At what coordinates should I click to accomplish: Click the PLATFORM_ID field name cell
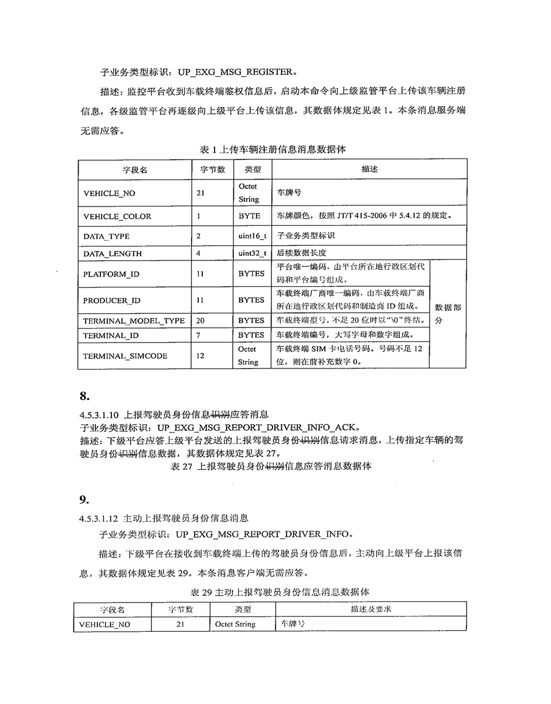(x=111, y=274)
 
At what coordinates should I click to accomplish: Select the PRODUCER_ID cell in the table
(x=112, y=300)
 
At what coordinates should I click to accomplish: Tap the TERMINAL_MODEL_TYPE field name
(x=134, y=321)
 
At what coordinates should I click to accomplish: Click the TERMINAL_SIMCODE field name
(x=125, y=356)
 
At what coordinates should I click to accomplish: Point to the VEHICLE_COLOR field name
(x=117, y=216)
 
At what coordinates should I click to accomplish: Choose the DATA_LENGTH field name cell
(x=113, y=254)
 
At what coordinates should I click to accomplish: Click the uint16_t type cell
(x=252, y=236)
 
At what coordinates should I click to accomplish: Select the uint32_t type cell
(x=252, y=254)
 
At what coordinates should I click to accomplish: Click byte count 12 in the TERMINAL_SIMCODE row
(x=200, y=356)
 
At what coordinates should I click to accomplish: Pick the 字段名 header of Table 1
(x=135, y=170)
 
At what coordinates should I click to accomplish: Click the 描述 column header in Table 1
(x=369, y=170)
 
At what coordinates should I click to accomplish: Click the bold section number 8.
(x=84, y=395)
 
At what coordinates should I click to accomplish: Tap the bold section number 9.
(x=84, y=500)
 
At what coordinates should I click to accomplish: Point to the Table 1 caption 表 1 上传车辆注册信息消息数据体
(x=273, y=150)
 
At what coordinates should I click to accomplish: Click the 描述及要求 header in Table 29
(x=371, y=610)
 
